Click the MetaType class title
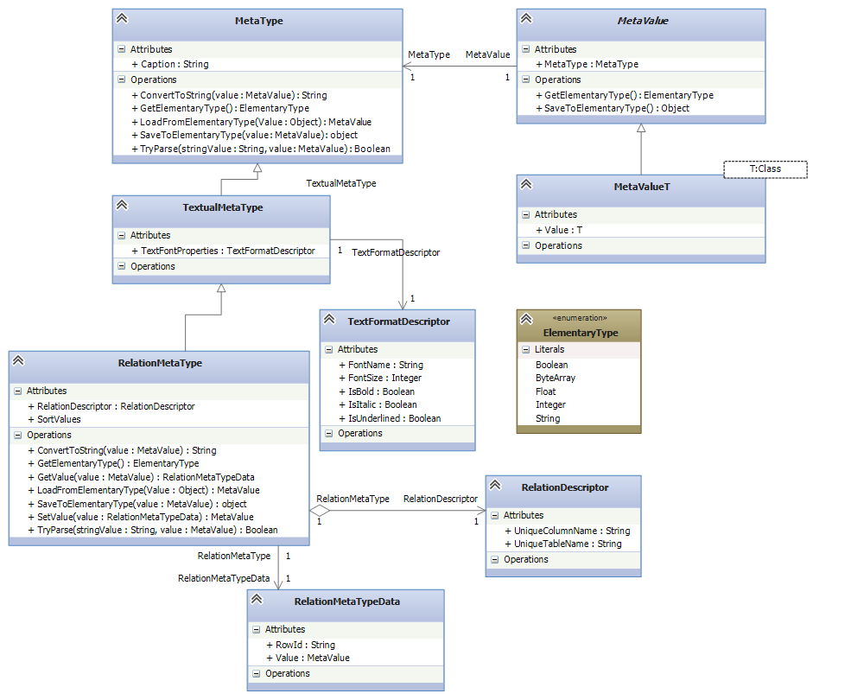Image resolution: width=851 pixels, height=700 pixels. coord(258,21)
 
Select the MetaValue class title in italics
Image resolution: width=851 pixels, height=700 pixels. coord(641,21)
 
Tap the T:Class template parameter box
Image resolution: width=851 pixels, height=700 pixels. coord(765,169)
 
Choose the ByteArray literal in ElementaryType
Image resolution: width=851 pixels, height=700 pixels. coord(555,378)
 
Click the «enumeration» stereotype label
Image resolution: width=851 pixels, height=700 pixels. coord(580,318)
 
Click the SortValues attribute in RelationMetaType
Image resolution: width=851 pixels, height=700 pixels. coord(60,419)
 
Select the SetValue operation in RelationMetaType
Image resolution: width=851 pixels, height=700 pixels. coord(145,517)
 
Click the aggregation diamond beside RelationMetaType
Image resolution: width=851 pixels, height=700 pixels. coord(319,510)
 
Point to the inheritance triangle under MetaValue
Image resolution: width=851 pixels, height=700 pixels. coord(641,128)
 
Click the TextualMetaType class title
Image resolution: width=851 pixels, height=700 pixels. coord(223,207)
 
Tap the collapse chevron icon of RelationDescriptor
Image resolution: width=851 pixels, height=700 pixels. coord(495,487)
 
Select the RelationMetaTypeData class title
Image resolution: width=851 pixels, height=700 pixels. coord(346,601)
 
